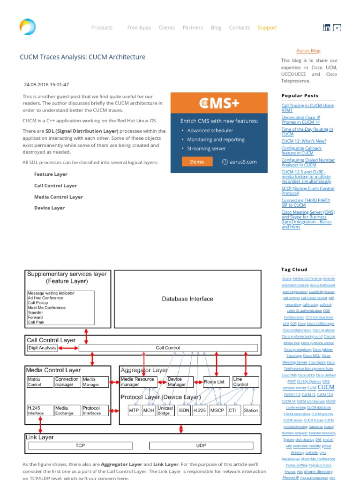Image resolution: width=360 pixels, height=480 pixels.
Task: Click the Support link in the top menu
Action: click(267, 28)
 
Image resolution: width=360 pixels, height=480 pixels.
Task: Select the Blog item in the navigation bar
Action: click(216, 28)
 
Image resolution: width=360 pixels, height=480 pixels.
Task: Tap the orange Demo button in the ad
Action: click(197, 162)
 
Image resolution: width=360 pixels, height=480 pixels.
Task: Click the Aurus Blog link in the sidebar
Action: click(308, 51)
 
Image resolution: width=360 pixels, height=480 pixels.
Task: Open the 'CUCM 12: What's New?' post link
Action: click(304, 141)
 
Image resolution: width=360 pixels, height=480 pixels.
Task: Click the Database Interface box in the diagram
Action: click(187, 299)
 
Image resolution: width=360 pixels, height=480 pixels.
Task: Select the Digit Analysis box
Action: click(42, 348)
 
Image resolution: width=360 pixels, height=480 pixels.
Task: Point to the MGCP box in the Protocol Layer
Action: click(217, 411)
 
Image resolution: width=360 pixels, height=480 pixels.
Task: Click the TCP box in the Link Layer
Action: click(80, 445)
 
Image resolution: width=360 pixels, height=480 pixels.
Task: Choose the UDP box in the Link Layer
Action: click(201, 445)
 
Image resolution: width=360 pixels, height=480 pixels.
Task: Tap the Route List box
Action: click(214, 382)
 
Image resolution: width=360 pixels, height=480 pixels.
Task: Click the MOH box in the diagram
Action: click(149, 411)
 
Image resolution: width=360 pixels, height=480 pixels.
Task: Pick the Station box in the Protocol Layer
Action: click(251, 411)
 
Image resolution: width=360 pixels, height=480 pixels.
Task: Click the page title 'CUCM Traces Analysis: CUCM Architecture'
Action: click(82, 57)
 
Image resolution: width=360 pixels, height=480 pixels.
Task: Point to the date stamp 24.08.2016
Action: click(46, 85)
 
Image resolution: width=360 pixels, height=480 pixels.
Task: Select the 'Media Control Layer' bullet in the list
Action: click(59, 197)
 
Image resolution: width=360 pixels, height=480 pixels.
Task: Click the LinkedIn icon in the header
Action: click(327, 28)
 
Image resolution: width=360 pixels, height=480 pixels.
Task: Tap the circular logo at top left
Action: click(28, 27)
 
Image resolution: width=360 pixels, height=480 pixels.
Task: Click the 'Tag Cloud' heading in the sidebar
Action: click(294, 270)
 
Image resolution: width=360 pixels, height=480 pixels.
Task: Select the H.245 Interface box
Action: click(39, 411)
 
